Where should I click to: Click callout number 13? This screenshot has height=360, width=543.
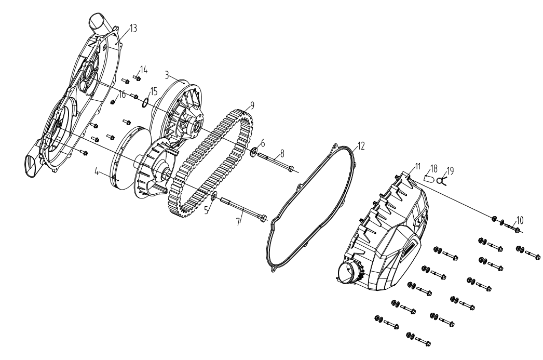point(133,28)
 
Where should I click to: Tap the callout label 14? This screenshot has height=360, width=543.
point(144,70)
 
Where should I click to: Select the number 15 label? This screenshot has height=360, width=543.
point(154,91)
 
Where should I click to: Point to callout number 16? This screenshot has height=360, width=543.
point(122,94)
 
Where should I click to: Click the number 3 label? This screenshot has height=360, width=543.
point(167,75)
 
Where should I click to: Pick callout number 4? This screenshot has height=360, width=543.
point(97,171)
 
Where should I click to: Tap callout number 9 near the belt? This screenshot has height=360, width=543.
point(252,105)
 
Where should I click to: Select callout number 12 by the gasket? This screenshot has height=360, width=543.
point(361,146)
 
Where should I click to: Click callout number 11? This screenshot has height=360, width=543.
point(418,166)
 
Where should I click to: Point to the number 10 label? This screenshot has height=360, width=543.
point(520,220)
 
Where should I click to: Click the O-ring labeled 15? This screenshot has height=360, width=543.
point(146,102)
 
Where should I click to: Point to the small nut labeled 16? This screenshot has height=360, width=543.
point(113,102)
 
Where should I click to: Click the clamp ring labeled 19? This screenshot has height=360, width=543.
point(441,181)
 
